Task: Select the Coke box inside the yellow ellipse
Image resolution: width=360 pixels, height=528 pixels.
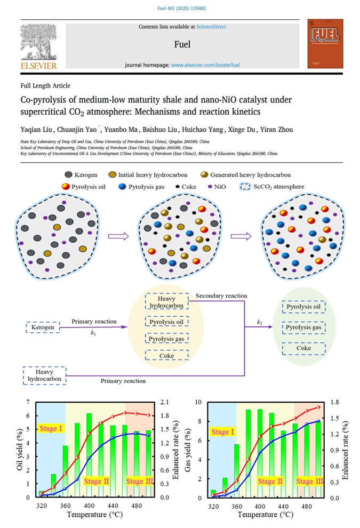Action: [166, 356]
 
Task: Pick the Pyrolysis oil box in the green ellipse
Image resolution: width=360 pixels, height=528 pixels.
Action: [303, 307]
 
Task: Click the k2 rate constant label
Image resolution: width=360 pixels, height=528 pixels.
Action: [260, 323]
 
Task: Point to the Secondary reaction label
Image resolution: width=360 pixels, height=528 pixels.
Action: [221, 296]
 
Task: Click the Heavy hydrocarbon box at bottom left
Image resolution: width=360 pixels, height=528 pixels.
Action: [45, 375]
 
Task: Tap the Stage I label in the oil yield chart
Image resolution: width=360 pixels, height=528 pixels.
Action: [51, 428]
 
